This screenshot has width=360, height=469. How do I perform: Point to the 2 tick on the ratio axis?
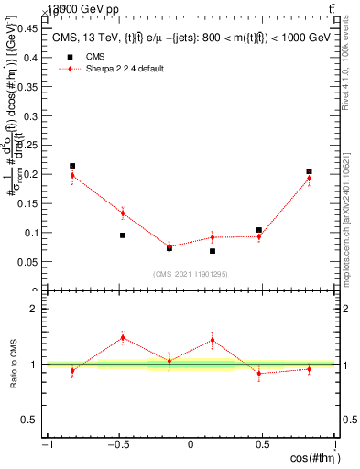(x=36, y=309)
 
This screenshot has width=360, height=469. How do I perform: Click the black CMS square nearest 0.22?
(x=72, y=166)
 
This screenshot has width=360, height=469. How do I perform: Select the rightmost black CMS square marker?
(x=310, y=171)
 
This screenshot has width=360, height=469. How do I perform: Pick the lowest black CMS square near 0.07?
(x=213, y=251)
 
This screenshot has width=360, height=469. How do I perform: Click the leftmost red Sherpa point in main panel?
(x=72, y=175)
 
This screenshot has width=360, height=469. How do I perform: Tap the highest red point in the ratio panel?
(x=123, y=337)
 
